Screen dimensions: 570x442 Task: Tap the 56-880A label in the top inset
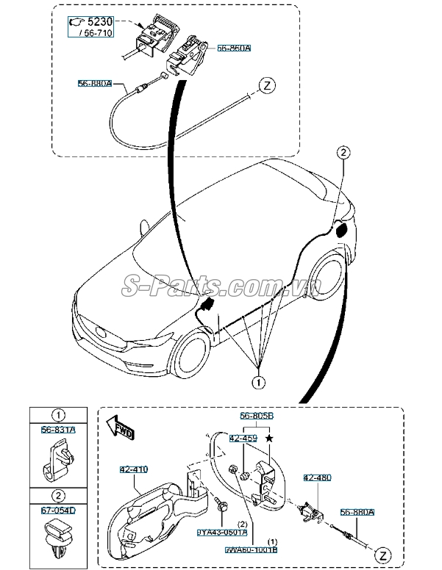coord(95,84)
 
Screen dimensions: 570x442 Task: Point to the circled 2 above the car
coord(343,152)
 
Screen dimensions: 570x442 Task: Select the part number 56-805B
coord(256,415)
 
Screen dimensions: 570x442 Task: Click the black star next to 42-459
coord(270,438)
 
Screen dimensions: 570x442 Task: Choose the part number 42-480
coord(318,477)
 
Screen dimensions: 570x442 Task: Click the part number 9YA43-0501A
coord(222,533)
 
